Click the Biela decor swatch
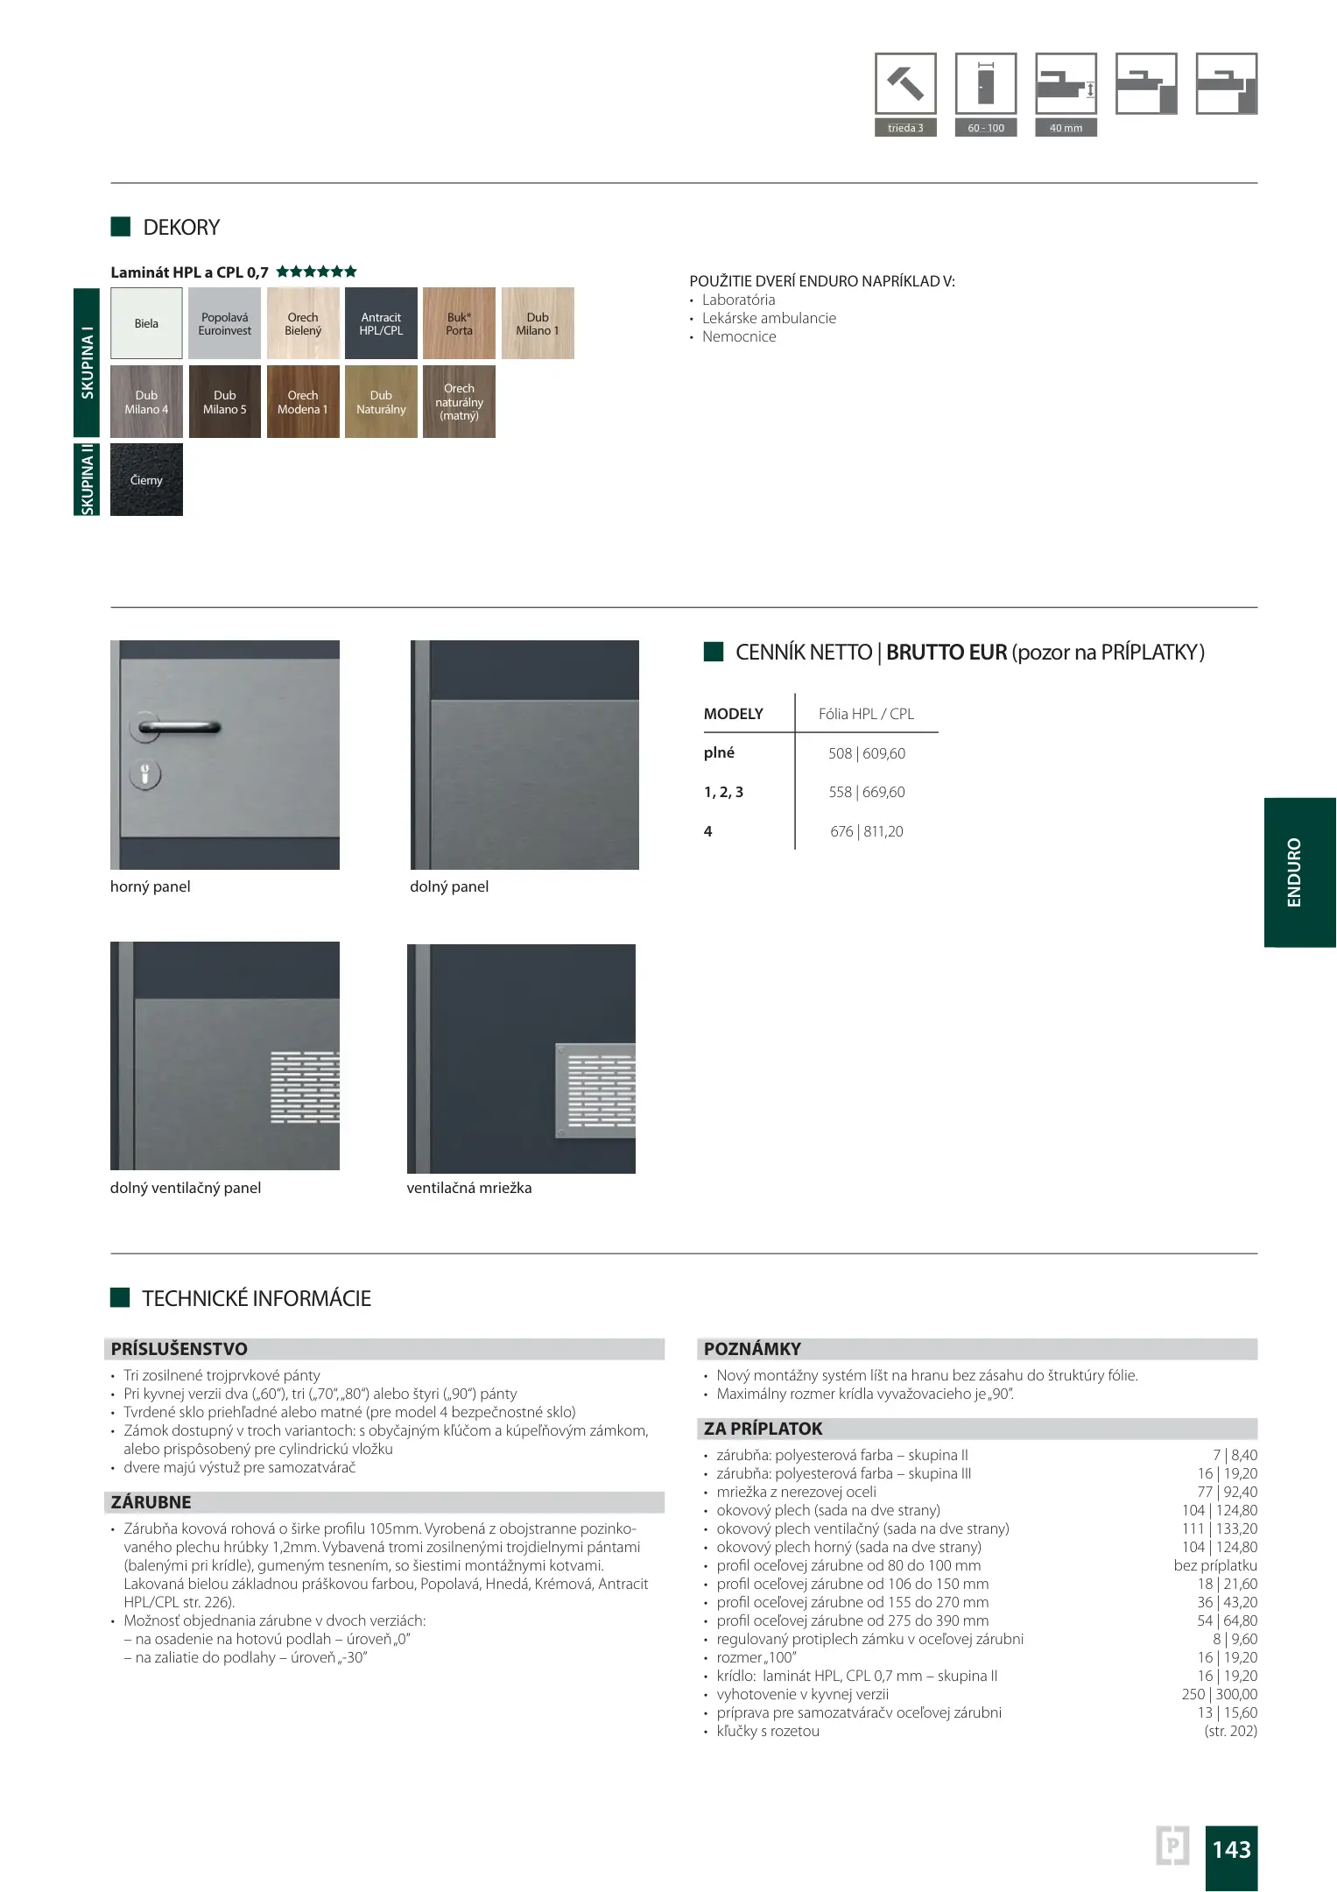pos(146,323)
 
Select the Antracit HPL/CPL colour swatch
pos(381,323)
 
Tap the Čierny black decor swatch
pos(146,480)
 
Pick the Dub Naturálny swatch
pos(381,402)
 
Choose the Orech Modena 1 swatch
pos(303,402)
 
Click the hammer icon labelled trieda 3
pos(905,84)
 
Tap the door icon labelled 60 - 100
pos(986,84)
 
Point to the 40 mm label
pos(1066,128)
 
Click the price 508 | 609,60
pos(866,753)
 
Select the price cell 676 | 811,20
pos(866,831)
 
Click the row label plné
pos(719,752)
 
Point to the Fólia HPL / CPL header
pos(866,714)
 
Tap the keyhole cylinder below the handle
pos(145,774)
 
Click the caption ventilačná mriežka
pos(468,1188)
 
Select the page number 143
pos(1231,1849)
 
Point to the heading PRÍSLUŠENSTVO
pos(179,1349)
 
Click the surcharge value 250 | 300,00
pos(1219,1694)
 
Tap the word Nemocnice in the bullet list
pos(739,336)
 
